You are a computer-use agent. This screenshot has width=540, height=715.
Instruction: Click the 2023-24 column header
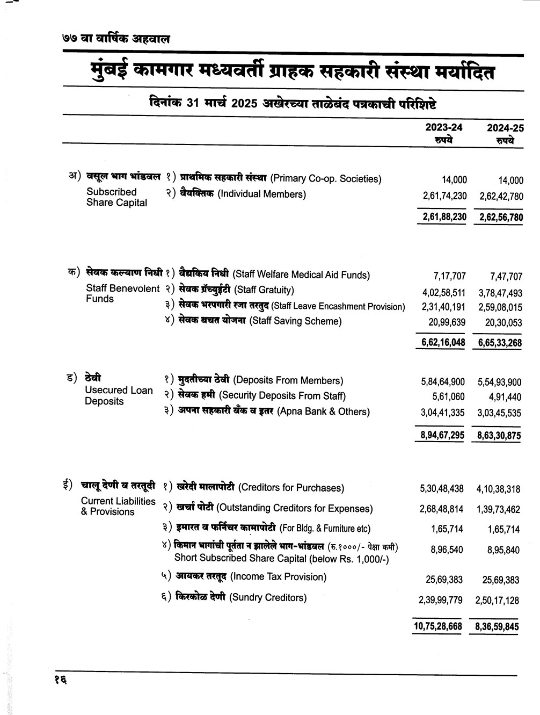coord(444,127)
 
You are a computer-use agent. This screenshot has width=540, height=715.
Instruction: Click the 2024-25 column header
coord(505,127)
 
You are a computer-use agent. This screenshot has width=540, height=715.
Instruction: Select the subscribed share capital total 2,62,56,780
coord(499,218)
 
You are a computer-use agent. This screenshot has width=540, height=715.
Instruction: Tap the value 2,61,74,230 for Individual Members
coord(444,196)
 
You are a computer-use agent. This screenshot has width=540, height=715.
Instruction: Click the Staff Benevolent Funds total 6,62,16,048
coord(440,343)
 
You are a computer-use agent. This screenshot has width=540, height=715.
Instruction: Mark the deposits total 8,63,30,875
coord(499,436)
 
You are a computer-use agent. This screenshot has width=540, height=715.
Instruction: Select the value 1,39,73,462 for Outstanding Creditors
coord(498,509)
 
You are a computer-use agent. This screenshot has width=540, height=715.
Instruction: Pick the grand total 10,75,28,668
coord(437,626)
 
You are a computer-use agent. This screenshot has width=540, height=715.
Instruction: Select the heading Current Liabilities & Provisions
coord(118,506)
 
